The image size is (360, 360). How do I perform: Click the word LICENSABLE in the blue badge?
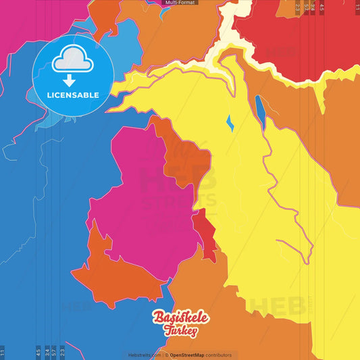(x=72, y=95)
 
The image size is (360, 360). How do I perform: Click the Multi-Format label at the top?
(x=180, y=3)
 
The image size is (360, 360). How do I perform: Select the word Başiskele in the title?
(x=181, y=317)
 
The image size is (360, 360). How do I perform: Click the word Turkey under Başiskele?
(x=180, y=331)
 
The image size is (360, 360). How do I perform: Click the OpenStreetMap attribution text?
(x=191, y=355)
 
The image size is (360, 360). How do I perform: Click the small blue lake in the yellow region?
(x=230, y=123)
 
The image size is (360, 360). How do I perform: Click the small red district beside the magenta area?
(x=204, y=230)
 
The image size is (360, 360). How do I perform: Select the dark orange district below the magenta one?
(x=115, y=274)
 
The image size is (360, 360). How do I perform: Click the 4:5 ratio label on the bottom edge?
(x=38, y=352)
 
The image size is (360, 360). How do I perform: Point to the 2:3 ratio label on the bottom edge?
(x=63, y=352)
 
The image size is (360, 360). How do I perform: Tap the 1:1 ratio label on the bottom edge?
(x=2, y=352)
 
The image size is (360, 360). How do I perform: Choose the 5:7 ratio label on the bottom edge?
(x=55, y=352)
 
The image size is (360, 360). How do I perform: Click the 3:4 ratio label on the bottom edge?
(x=47, y=352)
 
